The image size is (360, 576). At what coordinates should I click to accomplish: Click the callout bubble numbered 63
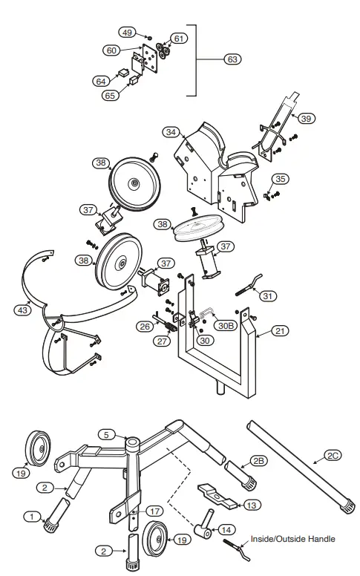[x=232, y=59]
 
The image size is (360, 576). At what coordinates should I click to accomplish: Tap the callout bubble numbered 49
[x=127, y=33]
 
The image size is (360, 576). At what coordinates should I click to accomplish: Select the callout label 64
[x=101, y=81]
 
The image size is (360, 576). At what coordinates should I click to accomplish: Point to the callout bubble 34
[x=171, y=132]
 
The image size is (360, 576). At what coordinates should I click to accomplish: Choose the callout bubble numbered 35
[x=279, y=179]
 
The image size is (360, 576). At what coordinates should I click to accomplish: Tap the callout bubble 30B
[x=225, y=324]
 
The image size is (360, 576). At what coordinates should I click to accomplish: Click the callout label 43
[x=23, y=310]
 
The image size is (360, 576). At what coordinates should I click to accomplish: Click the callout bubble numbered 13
[x=252, y=505]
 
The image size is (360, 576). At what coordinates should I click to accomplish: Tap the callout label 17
[x=154, y=511]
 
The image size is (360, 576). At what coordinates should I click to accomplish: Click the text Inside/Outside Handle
[x=293, y=539]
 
